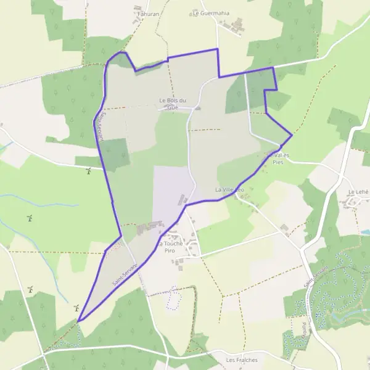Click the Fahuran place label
pos(147,12)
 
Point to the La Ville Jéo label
pos(229,189)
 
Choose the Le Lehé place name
pos(358,192)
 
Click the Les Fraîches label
pos(241,360)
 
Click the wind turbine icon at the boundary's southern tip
pos(76,307)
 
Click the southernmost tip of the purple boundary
pos(78,321)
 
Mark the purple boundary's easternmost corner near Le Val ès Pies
pos(292,135)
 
